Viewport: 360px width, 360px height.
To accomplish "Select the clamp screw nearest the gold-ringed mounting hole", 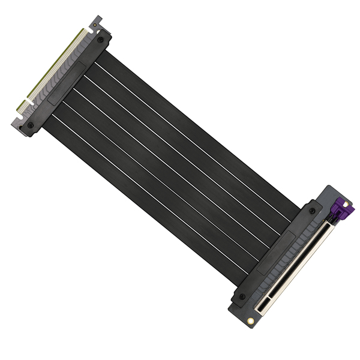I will point(242,296).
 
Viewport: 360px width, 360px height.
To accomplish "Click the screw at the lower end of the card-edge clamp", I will point(30,125).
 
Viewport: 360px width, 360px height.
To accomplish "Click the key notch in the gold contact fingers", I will point(29,98).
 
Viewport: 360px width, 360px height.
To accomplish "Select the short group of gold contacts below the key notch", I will point(24,106).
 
